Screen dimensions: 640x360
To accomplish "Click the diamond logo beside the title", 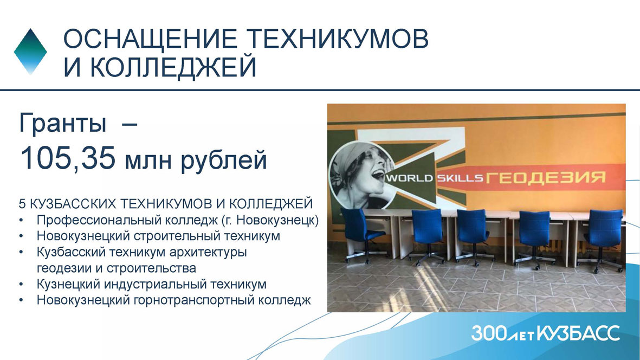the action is coord(30,52).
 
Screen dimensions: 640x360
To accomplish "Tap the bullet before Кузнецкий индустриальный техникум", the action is coord(21,284).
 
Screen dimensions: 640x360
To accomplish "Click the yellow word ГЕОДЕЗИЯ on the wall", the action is coord(546,177).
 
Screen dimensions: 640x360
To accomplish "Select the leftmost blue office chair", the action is coord(363,235).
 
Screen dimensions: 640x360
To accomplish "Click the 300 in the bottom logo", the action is coord(489,333).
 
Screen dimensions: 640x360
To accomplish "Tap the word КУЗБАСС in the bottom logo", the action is coord(578,333).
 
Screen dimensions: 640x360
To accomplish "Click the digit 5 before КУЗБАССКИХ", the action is coord(22,203).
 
